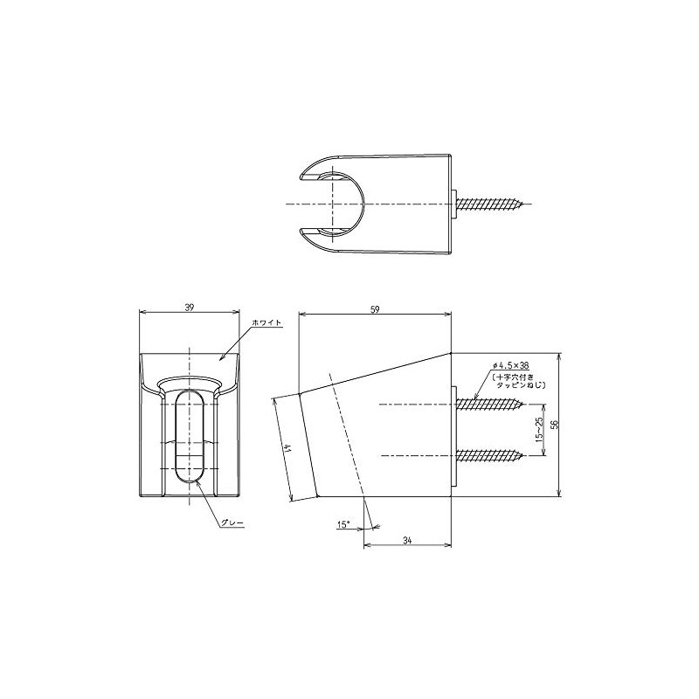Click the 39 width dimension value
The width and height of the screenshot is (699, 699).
coord(190,307)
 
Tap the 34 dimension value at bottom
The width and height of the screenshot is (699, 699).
coord(408,540)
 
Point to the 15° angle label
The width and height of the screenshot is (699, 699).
coord(343,524)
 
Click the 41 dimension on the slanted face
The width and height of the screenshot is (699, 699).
coord(287,448)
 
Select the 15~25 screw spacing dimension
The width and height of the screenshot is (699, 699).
coord(539,428)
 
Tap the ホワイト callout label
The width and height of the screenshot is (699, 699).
coord(266,323)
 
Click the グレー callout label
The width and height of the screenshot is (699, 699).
coord(232,522)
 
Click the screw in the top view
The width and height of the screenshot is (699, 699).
coord(492,204)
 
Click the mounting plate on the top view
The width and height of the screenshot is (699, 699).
coord(454,204)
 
